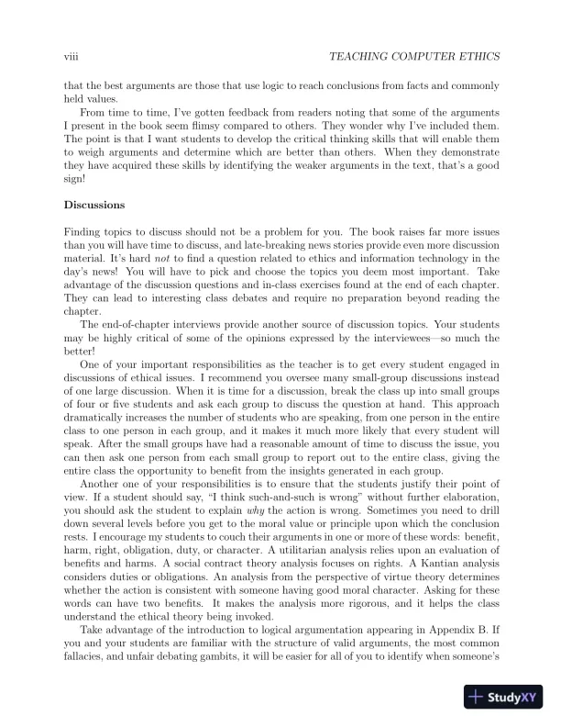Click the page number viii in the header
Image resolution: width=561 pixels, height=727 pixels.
[x=67, y=57]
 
